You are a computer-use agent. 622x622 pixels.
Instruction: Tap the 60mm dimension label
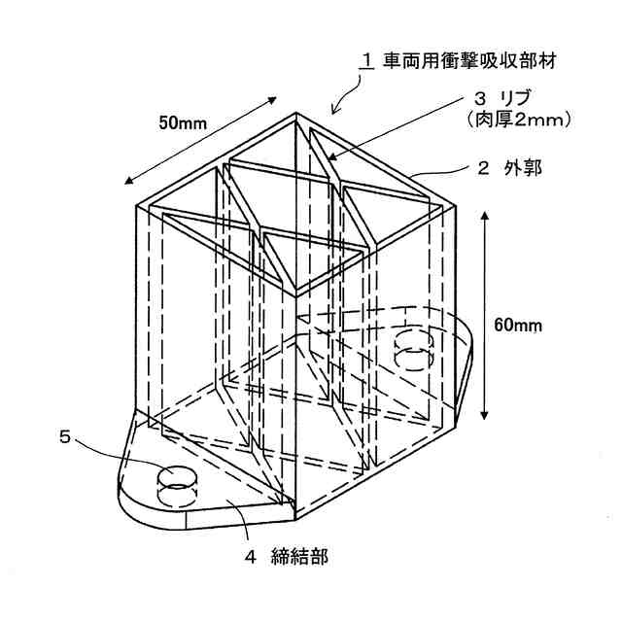[518, 326]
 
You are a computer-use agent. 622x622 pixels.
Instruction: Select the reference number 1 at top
[367, 60]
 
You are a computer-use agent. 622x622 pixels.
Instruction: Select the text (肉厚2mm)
[511, 120]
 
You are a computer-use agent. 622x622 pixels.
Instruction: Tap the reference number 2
[483, 168]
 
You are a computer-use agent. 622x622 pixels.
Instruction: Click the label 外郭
[524, 168]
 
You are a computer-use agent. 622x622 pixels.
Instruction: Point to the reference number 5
[65, 436]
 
